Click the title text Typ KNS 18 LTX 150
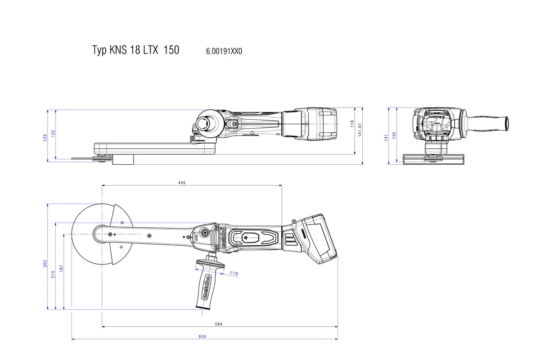(135, 50)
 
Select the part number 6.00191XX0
(224, 51)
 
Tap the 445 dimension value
(181, 183)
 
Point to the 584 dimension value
(219, 324)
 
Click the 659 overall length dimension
(202, 336)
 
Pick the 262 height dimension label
(45, 264)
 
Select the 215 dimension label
(53, 274)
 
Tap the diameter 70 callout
(234, 273)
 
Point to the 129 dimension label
(45, 138)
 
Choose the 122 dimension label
(53, 133)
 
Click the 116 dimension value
(353, 122)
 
